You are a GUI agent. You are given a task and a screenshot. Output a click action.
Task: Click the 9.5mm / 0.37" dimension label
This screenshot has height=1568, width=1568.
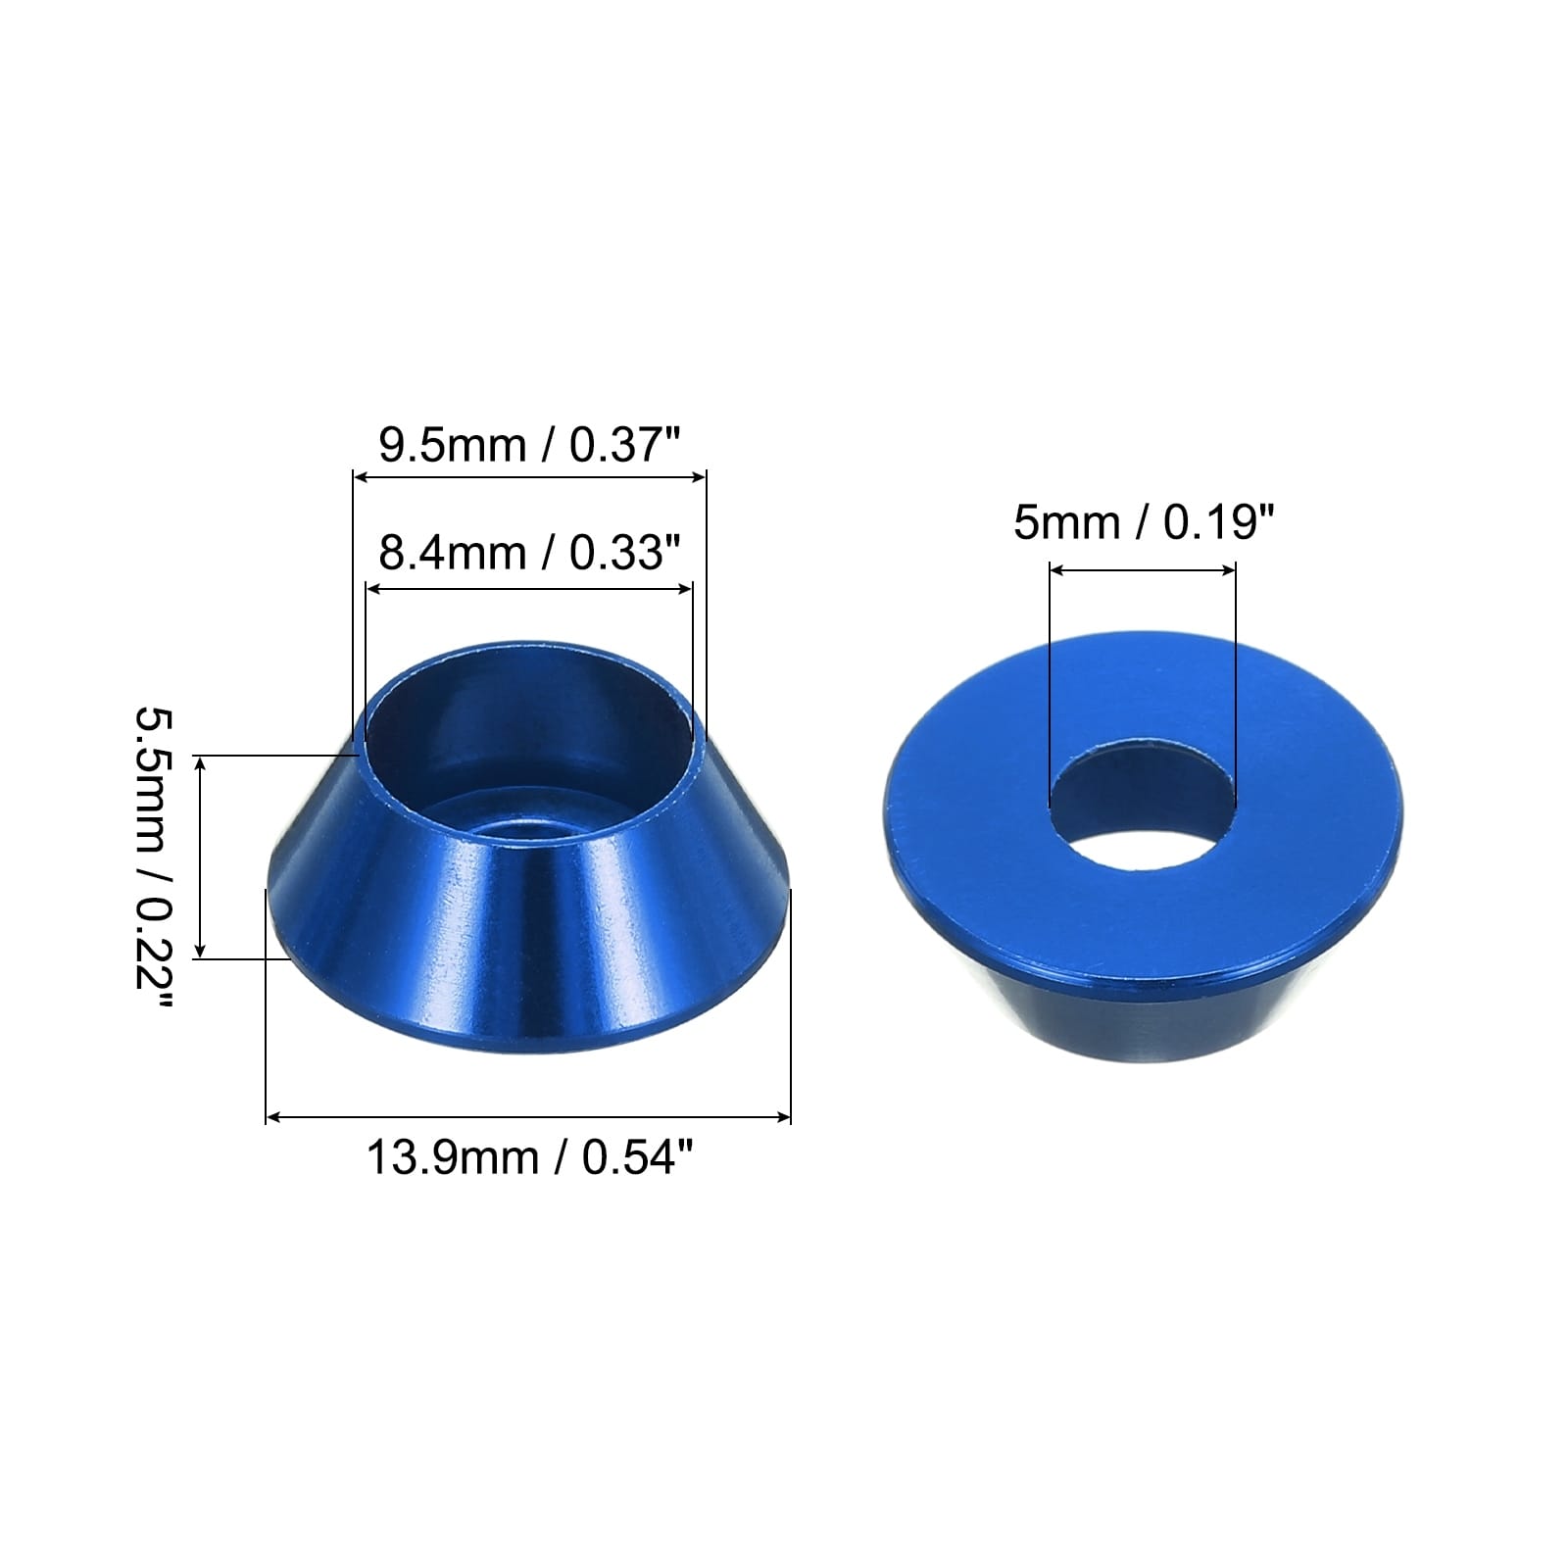tap(529, 446)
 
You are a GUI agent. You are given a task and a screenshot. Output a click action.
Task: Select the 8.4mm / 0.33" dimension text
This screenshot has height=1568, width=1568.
tap(529, 554)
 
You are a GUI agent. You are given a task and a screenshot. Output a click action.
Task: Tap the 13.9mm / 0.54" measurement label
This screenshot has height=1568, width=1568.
tap(529, 1157)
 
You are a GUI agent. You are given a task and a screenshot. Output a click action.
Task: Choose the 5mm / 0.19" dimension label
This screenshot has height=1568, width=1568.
tap(1144, 522)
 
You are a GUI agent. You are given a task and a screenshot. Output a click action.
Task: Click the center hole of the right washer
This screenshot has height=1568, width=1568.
tap(1143, 808)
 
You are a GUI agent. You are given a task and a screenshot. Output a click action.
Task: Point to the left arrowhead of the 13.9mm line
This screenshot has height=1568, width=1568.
tap(273, 1116)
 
